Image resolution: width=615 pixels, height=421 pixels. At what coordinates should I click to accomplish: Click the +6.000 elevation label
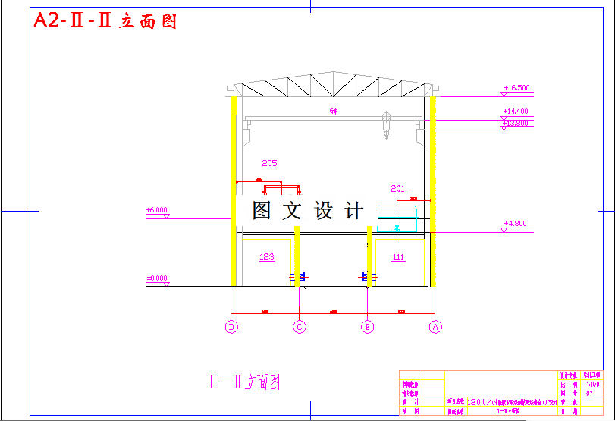[157, 210]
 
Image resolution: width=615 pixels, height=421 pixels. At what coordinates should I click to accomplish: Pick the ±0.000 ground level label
[157, 278]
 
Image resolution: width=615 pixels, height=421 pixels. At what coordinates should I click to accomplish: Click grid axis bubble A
[435, 327]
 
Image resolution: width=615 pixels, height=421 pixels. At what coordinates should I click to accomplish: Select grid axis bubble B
[368, 327]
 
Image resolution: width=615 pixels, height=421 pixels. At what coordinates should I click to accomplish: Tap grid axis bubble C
[300, 327]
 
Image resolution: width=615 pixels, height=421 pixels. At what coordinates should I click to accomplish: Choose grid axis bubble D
[232, 327]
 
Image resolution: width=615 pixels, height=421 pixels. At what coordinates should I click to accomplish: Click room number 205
[269, 163]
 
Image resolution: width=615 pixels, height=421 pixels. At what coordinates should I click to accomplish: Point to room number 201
[399, 188]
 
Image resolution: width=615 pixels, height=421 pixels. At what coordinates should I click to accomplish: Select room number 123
[267, 257]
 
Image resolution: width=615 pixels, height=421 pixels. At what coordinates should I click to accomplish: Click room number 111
[399, 257]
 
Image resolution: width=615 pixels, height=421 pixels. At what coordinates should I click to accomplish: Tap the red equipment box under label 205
[281, 189]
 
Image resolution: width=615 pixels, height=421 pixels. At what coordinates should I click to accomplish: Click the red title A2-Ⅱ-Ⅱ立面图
[105, 21]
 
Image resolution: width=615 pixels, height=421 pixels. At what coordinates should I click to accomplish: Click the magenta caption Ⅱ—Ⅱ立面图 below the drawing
[244, 382]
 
